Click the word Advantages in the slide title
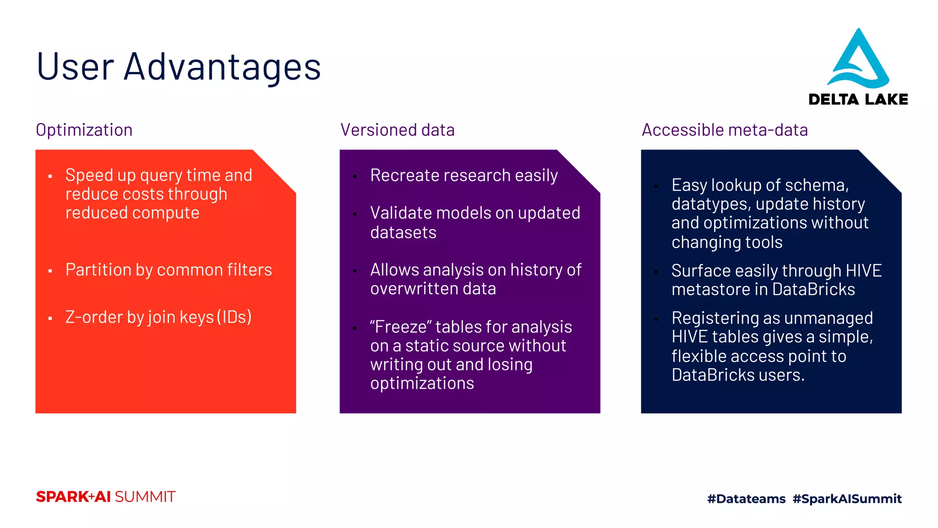(222, 67)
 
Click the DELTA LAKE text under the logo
(858, 99)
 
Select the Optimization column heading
(84, 130)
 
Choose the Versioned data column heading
(397, 130)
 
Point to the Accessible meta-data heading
(725, 130)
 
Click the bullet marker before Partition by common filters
(50, 271)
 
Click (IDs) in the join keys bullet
(234, 317)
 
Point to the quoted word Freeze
(401, 327)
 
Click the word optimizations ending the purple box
(422, 383)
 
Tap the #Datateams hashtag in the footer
(746, 499)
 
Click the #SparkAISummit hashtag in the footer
(847, 499)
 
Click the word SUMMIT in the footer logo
(145, 497)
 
